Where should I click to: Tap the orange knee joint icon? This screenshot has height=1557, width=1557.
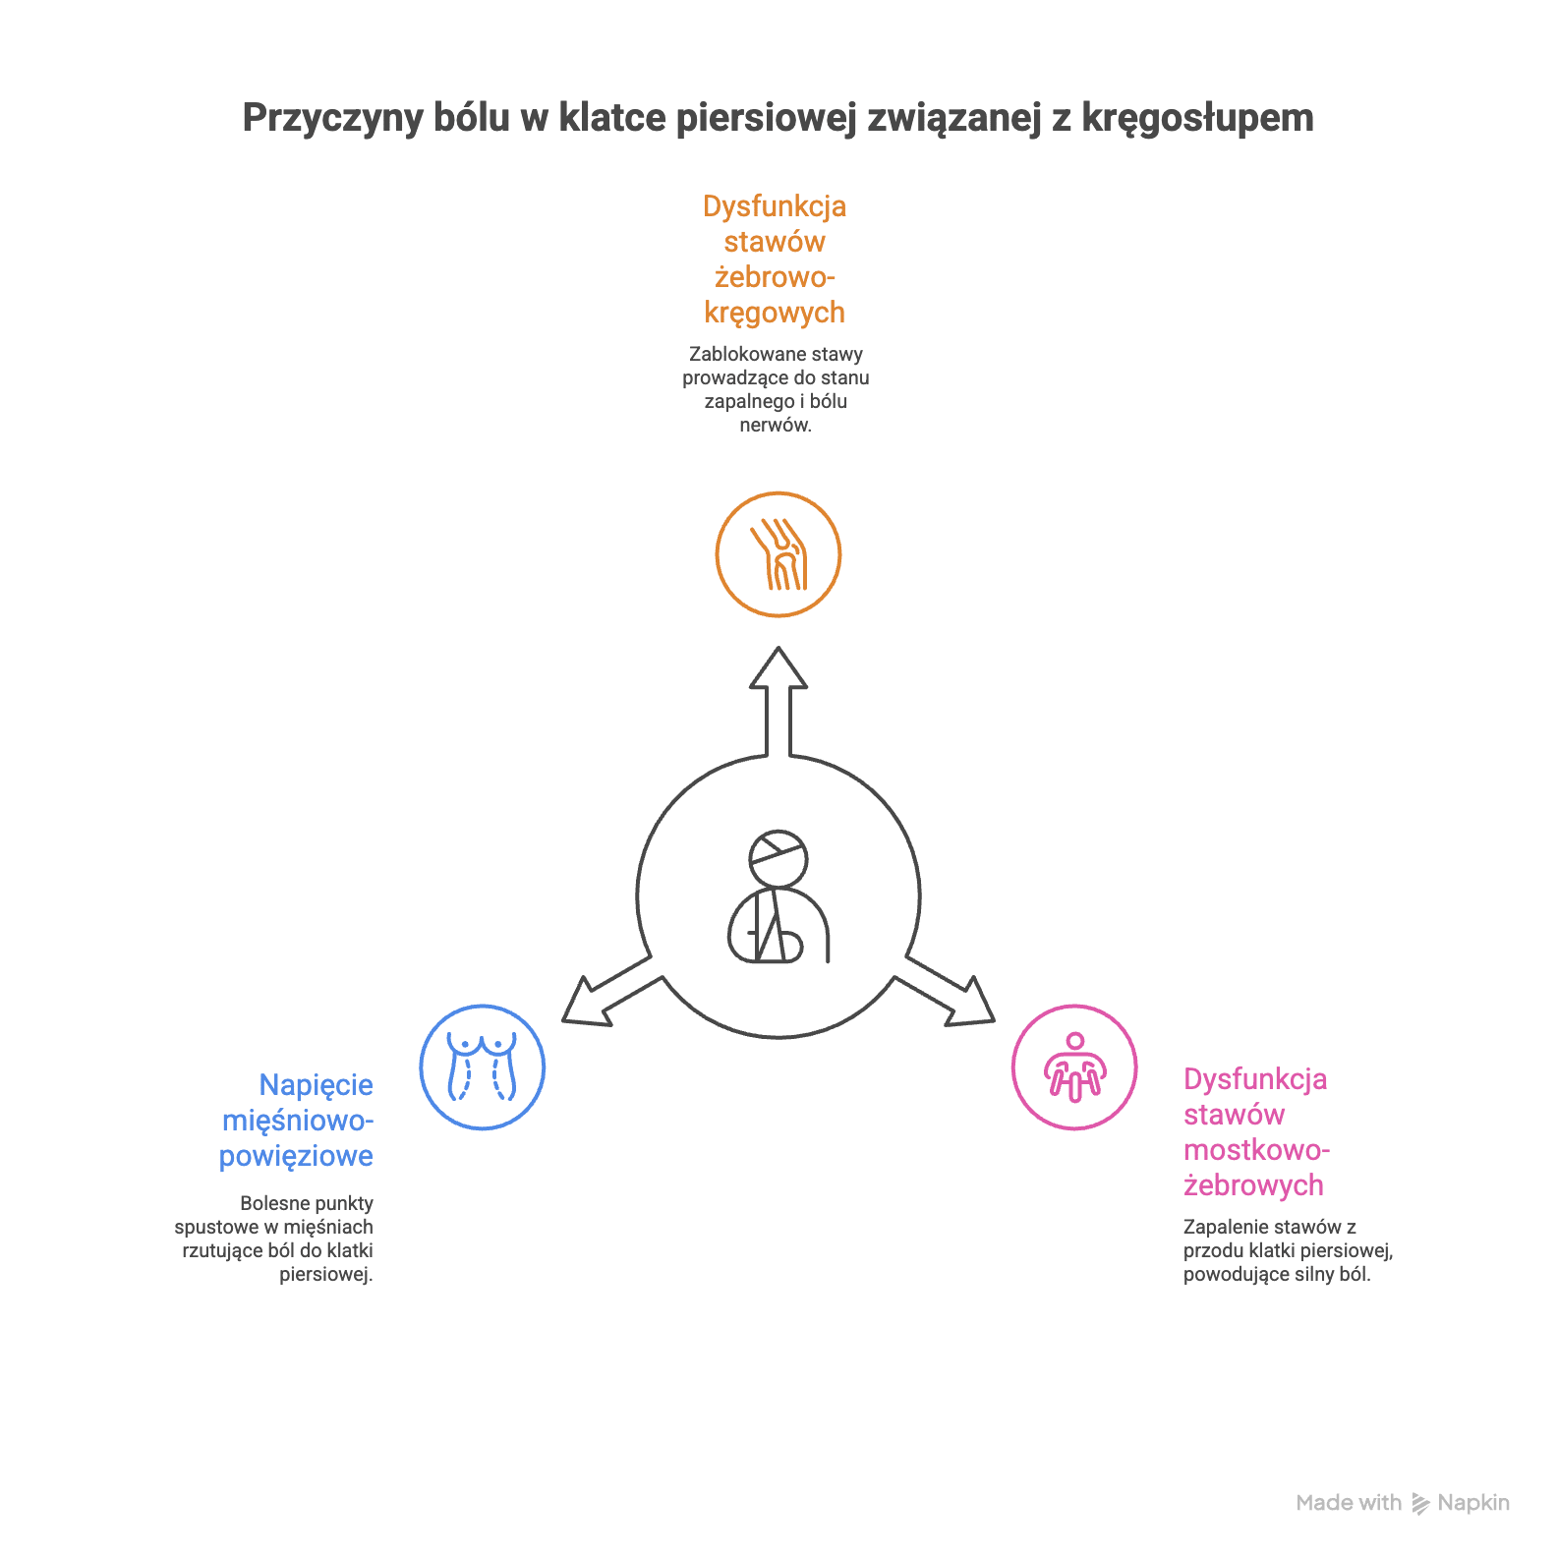coord(778,554)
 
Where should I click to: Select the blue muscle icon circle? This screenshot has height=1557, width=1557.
coord(482,1067)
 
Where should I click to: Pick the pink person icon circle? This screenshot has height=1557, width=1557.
coord(1074,1067)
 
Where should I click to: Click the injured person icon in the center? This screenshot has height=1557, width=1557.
coord(778,896)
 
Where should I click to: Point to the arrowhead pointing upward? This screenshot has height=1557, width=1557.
coord(778,668)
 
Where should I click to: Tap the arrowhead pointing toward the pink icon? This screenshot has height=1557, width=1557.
coord(971,1005)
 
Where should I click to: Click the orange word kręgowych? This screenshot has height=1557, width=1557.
coord(775,313)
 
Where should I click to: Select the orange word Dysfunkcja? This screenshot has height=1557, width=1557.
coord(775,206)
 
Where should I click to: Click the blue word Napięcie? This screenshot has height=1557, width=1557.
coord(316,1085)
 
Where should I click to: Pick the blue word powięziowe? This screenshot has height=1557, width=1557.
coord(296,1156)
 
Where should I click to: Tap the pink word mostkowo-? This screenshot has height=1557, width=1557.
coord(1256,1150)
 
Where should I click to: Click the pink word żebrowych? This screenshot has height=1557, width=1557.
coord(1253,1185)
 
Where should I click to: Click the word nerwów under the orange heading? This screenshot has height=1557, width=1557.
coord(775,425)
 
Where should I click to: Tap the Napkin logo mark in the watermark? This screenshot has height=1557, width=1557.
coord(1421,1503)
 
